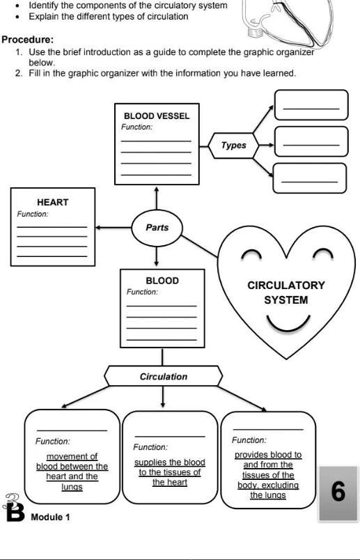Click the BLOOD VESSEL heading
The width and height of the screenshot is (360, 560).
[156, 116]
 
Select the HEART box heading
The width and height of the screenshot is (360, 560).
[53, 202]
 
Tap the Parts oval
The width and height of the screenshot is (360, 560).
[157, 227]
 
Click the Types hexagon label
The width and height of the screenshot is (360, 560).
[233, 146]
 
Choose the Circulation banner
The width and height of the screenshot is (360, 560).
[163, 377]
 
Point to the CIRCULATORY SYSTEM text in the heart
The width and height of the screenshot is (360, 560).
[285, 293]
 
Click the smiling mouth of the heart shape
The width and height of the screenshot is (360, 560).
[287, 324]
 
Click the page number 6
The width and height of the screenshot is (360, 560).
[338, 492]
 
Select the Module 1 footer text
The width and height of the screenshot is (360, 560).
[50, 517]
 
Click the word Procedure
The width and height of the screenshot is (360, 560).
[27, 40]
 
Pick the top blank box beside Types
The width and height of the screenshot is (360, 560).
[311, 105]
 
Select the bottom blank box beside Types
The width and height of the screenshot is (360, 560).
[309, 178]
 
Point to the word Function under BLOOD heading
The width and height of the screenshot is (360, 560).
[142, 292]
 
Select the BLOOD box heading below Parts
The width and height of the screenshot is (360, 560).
[162, 281]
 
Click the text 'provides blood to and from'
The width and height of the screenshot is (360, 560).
[268, 460]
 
